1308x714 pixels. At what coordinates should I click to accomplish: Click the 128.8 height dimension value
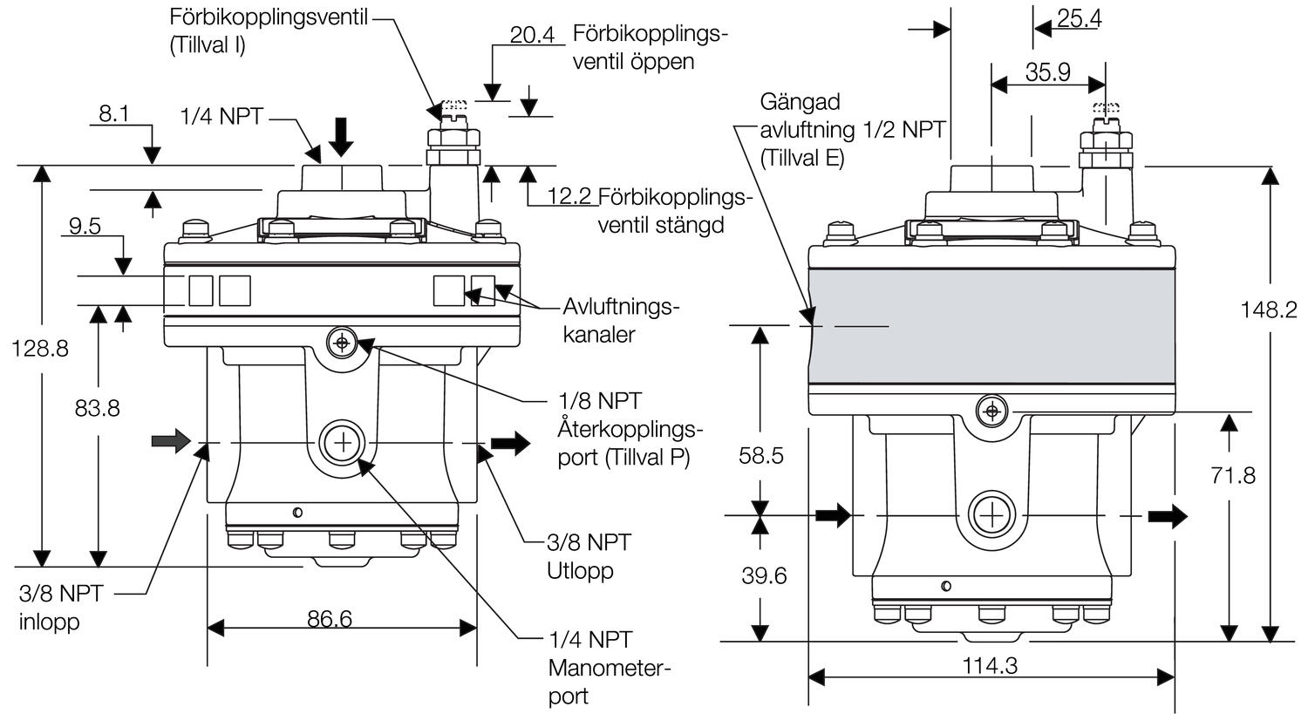(40, 349)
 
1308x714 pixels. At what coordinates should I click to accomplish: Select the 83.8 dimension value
(97, 408)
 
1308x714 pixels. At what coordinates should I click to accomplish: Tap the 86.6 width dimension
(330, 619)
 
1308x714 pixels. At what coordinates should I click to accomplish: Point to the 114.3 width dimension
(990, 666)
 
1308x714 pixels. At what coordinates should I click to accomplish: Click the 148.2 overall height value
(1270, 309)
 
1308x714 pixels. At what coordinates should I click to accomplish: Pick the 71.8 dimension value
(1233, 475)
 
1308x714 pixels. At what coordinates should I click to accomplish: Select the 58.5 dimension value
(761, 456)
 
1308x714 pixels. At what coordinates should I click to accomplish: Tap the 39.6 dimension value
(764, 576)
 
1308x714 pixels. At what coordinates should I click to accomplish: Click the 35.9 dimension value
(1047, 72)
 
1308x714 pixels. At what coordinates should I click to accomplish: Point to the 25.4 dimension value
(1078, 18)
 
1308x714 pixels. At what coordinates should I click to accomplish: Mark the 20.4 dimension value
(532, 35)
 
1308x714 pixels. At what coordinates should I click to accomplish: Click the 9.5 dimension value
(85, 227)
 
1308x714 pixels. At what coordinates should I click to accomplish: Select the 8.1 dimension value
(113, 114)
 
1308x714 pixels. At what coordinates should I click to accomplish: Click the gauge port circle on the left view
(343, 444)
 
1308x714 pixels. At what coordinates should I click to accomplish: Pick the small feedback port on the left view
(341, 343)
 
